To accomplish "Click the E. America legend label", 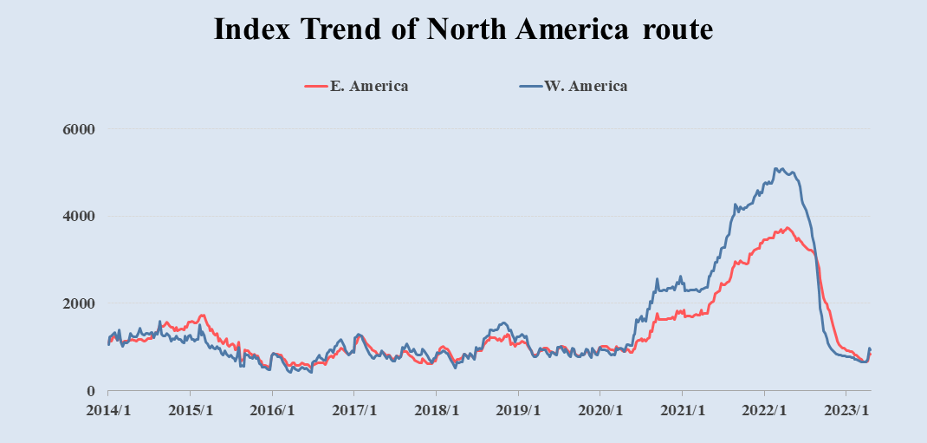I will (369, 86).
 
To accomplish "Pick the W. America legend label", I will (587, 86).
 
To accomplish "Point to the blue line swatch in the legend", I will (529, 86).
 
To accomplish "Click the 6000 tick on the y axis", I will (77, 129).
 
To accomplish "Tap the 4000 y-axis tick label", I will (77, 216).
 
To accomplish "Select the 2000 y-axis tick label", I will (77, 303).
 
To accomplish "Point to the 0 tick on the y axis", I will (89, 391).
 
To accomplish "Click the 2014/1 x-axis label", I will (109, 409).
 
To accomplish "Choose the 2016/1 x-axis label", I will (272, 409).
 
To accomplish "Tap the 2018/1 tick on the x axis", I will (437, 409).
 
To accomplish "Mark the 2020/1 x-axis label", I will (600, 409).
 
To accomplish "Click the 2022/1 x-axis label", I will (764, 409).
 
